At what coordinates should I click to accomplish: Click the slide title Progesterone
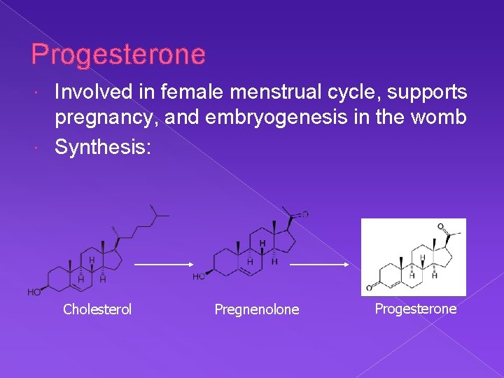pos(118,55)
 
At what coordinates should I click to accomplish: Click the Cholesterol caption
pos(97,309)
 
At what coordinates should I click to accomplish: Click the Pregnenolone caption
pos(256,309)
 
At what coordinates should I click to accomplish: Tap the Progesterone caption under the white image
pos(416,309)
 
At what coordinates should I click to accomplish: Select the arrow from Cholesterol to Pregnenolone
pos(163,265)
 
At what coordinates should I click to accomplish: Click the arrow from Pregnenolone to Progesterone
pos(319,265)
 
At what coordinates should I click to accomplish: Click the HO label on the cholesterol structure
pos(34,292)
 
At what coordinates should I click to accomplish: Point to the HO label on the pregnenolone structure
pos(199,276)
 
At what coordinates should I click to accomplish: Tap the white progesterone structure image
pos(413,257)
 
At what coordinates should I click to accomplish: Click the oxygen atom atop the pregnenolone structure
pos(304,214)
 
